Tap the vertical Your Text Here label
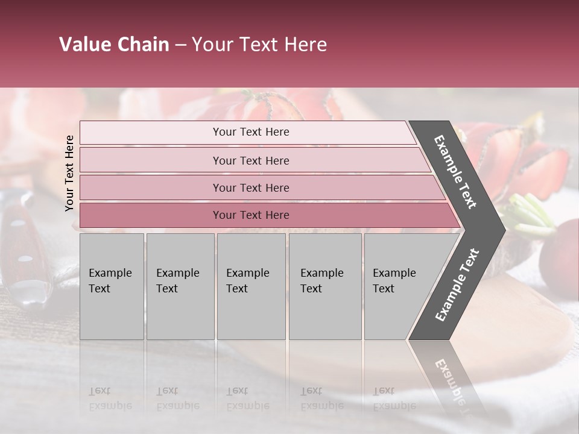(69, 173)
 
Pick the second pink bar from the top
(250, 160)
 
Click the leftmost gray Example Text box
(112, 286)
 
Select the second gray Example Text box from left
(180, 286)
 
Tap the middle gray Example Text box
(251, 286)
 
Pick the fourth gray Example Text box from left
(325, 286)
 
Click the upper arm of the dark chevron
(455, 172)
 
